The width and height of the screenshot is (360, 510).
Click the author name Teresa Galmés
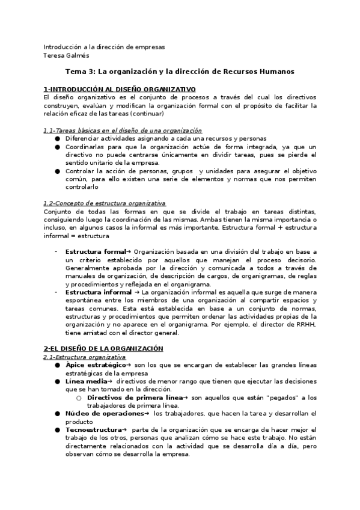point(66,55)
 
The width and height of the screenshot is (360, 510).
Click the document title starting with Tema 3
point(180,71)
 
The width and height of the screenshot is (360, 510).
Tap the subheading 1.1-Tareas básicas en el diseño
point(123,131)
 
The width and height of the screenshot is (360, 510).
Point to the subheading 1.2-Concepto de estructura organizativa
point(105,203)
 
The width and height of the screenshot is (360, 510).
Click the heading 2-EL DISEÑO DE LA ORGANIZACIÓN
point(103,349)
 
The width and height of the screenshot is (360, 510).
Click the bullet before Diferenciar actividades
point(57,138)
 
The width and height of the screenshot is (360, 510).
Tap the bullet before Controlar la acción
point(57,171)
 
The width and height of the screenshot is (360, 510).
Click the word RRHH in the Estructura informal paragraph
point(308,324)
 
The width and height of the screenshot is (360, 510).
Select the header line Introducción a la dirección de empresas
point(104,47)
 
